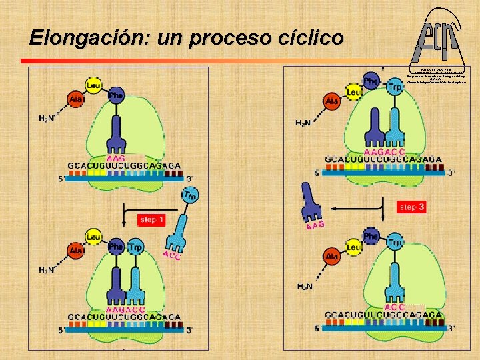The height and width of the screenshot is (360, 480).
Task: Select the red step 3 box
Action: [412, 207]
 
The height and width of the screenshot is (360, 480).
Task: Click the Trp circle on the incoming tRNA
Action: [191, 195]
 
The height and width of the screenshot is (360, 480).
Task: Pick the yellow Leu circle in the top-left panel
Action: [94, 84]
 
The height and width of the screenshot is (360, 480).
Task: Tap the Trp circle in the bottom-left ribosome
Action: [135, 247]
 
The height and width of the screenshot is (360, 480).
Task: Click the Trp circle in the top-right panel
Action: [395, 87]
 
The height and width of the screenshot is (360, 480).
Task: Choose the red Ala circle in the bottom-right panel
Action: [331, 256]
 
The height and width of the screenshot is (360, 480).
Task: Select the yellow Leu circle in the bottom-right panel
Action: [353, 247]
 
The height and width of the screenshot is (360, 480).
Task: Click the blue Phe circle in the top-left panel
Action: [117, 95]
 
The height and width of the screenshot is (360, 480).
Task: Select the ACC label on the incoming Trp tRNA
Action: [171, 255]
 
